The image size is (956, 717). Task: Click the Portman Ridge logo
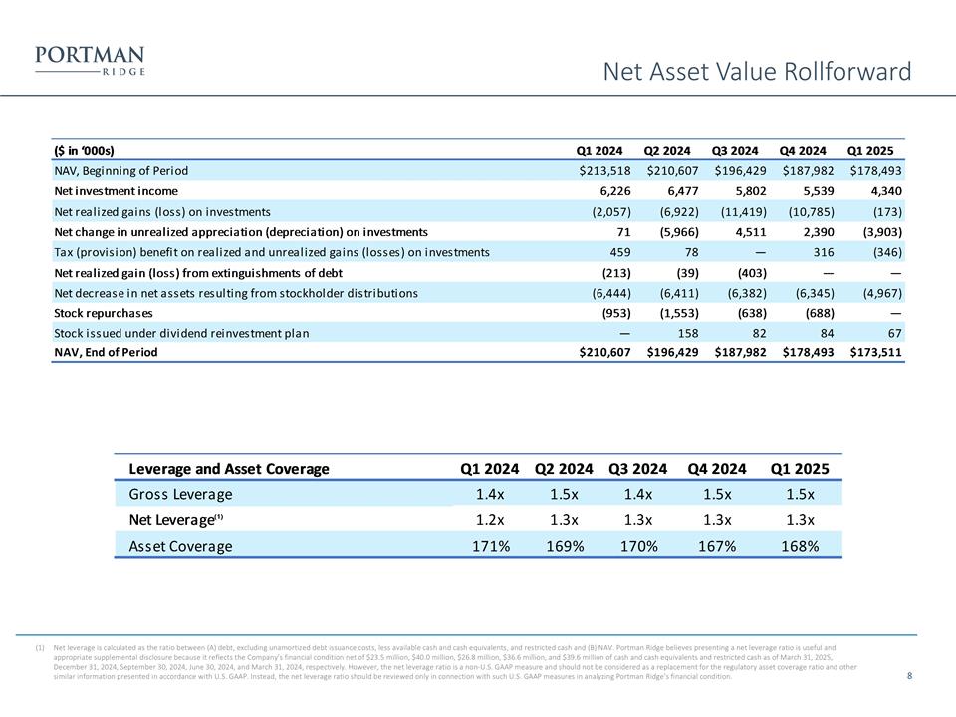click(90, 61)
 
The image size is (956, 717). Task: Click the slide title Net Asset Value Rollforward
click(758, 72)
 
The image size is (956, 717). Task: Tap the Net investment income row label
click(117, 191)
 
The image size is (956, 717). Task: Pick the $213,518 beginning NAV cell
click(600, 171)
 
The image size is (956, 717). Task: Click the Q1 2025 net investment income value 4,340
click(881, 191)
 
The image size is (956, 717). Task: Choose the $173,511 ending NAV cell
click(871, 352)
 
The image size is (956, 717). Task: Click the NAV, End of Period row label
click(106, 352)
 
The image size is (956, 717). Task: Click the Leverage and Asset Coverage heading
click(229, 469)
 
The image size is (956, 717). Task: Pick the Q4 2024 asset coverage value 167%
click(716, 546)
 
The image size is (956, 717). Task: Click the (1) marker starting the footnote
click(40, 648)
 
